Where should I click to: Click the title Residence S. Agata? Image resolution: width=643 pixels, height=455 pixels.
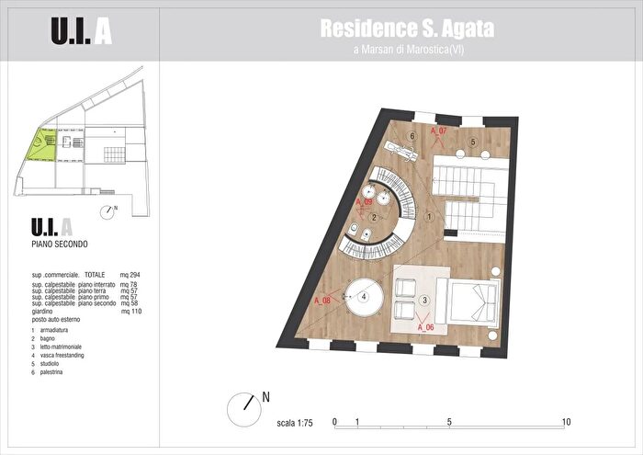(407, 28)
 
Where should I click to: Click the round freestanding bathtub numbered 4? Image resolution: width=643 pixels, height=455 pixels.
(365, 297)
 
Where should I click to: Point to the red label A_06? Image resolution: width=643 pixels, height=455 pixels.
(425, 325)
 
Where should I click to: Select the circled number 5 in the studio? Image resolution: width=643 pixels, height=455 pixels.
(472, 142)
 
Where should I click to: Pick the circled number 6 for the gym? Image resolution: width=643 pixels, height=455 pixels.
(413, 136)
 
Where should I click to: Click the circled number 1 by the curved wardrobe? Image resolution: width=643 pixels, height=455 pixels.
(429, 217)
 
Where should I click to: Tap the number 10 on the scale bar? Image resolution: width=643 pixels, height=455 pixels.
(566, 422)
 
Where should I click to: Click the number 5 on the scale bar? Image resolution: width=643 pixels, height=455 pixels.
(450, 422)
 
